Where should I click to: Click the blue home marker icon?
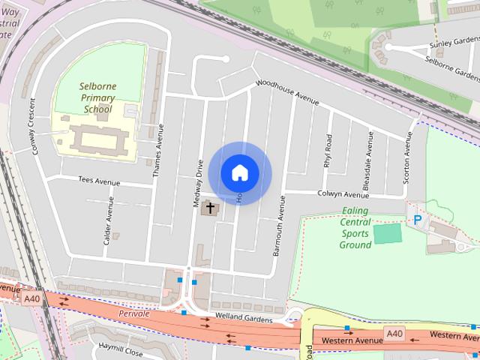pos(239,172)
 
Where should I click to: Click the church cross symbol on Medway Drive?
pos(210,208)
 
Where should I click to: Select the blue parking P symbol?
pos(417,220)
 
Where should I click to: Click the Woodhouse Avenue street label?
pos(288,92)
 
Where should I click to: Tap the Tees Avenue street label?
pos(99,181)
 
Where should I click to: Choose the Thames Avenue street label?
pos(158,150)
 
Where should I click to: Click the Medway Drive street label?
pos(199,183)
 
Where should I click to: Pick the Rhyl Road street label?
pos(328,151)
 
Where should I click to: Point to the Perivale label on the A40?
pos(135,313)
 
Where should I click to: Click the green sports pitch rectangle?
pos(387,233)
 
